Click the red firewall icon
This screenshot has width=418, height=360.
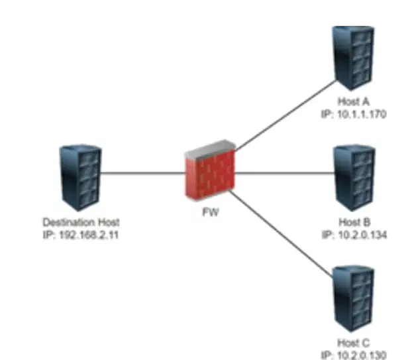211,170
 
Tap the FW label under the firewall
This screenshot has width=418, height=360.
211,212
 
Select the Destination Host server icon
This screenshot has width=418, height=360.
80,178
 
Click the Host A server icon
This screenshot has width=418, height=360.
353,58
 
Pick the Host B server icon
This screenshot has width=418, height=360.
354,178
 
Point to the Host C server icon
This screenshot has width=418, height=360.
354,298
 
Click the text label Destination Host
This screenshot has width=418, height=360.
81,222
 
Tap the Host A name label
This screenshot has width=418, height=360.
354,101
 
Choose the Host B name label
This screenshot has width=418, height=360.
354,222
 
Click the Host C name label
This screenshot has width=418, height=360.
354,343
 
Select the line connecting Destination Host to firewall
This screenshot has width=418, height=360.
143,173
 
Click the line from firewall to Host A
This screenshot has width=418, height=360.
286,115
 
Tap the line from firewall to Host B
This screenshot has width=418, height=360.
285,173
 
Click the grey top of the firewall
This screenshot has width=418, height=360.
211,149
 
